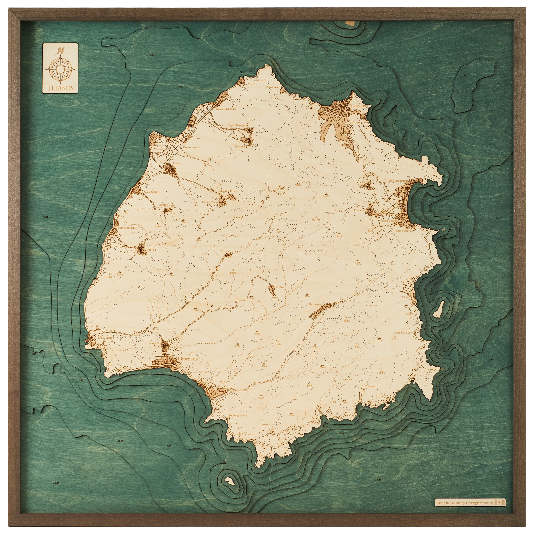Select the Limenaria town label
pos(188,359)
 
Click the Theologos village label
pos(314,304)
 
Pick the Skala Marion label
pos(106,338)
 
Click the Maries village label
pos(225,251)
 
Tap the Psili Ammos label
pos(243,434)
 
